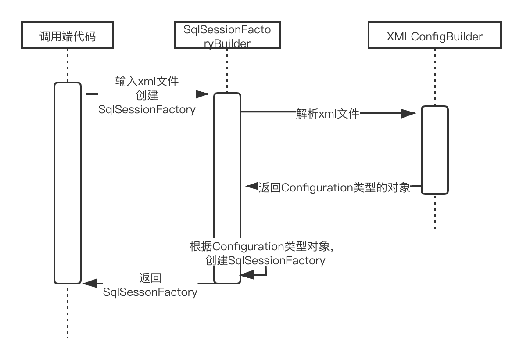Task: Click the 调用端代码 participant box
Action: [68, 36]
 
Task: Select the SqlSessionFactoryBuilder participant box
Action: [227, 36]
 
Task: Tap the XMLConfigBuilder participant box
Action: [434, 36]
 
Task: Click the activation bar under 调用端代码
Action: [68, 182]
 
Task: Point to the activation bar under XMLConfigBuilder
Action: [435, 149]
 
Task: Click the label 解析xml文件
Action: [328, 114]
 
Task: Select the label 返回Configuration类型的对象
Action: [334, 188]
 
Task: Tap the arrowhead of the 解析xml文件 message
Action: [410, 114]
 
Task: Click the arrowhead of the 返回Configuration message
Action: [251, 187]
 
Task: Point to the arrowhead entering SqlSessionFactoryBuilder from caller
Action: [203, 94]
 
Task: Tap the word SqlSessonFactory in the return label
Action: [150, 292]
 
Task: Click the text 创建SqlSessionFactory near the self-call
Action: [265, 260]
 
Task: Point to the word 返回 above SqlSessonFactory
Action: [150, 278]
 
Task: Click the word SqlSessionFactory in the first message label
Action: [147, 109]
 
